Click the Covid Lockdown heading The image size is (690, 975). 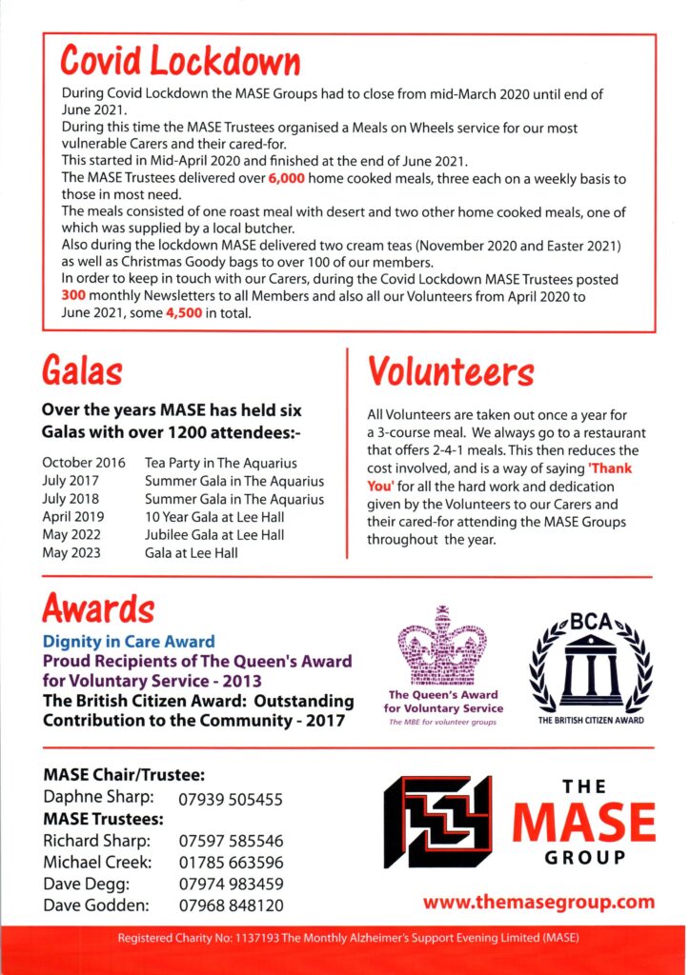(x=180, y=61)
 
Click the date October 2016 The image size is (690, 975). (x=84, y=463)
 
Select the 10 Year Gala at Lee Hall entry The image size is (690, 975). (x=215, y=517)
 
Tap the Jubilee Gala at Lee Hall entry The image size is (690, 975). (x=214, y=535)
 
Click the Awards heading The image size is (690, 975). (x=98, y=607)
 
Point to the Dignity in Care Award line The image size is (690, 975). (x=129, y=642)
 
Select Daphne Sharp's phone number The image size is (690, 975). (x=231, y=799)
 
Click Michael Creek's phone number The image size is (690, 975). (x=231, y=862)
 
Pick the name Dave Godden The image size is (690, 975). (x=97, y=905)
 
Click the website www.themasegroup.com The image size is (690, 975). (x=538, y=901)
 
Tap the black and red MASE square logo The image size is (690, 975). (x=437, y=822)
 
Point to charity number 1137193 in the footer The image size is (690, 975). (x=280, y=938)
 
